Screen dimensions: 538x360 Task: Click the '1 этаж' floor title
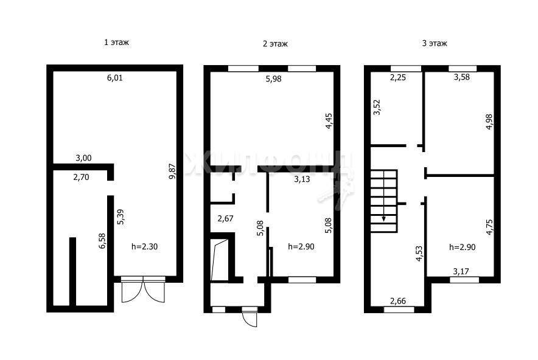click(x=116, y=43)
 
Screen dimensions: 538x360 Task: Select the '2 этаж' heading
click(x=275, y=44)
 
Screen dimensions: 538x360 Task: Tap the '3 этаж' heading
click(x=435, y=44)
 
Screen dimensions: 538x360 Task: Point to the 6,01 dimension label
click(x=115, y=78)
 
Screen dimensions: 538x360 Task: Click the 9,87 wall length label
click(x=172, y=171)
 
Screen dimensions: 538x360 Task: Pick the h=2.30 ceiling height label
click(x=144, y=246)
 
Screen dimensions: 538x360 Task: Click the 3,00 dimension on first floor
click(x=83, y=158)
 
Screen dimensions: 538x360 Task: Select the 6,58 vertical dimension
click(x=102, y=241)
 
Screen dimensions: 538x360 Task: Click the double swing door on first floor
click(x=143, y=289)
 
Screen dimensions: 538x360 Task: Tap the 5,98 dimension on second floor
click(x=273, y=79)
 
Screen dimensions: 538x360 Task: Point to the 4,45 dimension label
click(x=329, y=120)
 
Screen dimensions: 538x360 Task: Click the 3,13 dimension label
click(x=302, y=179)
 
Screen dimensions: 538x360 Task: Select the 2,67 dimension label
click(x=226, y=218)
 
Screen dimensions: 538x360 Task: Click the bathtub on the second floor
click(x=220, y=260)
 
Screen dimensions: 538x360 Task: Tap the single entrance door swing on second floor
click(x=250, y=317)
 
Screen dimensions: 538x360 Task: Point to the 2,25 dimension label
click(x=397, y=77)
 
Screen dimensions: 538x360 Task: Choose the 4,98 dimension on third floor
click(x=489, y=121)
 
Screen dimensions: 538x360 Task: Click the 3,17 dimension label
click(x=461, y=272)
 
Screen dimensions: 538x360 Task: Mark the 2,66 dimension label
click(x=398, y=301)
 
